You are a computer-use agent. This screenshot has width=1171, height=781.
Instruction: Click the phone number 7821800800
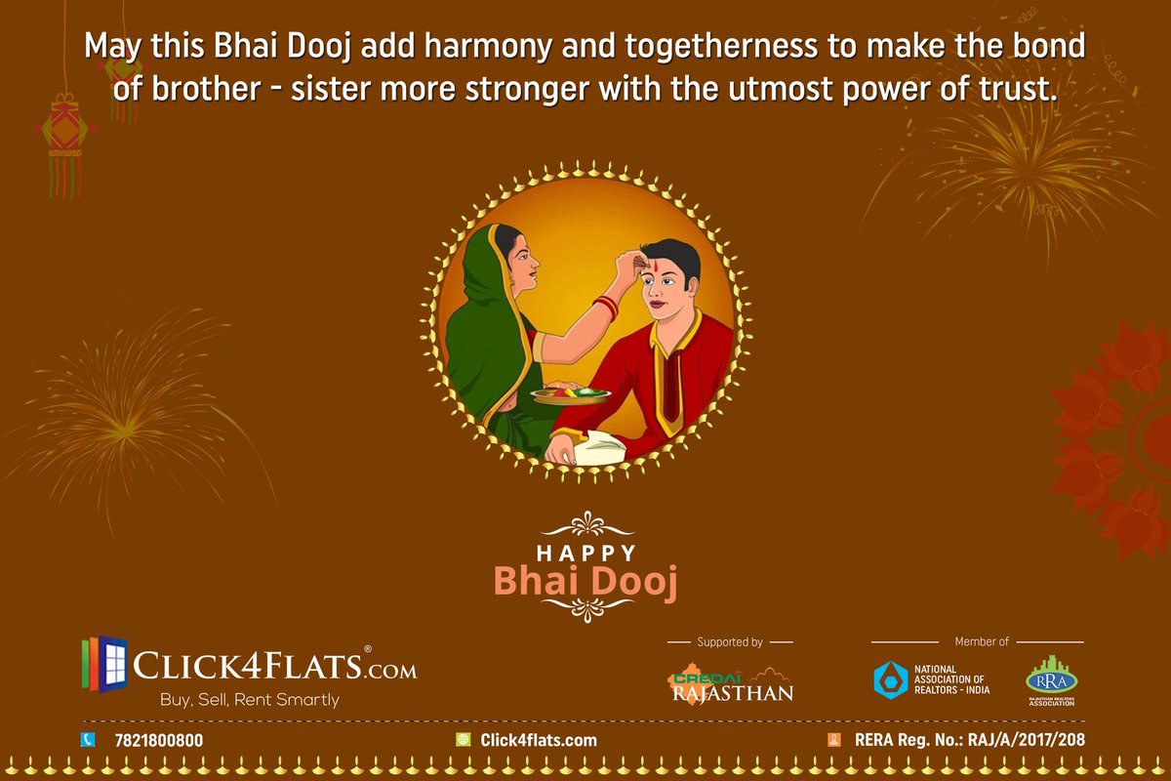(158, 740)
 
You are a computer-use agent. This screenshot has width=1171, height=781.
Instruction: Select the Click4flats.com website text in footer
(538, 740)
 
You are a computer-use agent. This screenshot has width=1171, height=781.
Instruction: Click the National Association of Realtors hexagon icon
(890, 678)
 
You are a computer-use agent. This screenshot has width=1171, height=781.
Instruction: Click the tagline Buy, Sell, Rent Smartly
(250, 700)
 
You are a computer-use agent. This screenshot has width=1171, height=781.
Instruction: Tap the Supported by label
(730, 642)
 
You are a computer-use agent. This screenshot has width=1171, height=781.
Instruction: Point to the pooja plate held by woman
(571, 393)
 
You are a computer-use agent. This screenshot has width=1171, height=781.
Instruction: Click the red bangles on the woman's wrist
(606, 308)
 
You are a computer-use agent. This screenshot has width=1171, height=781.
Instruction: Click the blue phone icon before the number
(87, 740)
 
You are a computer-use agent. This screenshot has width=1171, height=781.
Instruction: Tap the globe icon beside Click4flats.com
(464, 740)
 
